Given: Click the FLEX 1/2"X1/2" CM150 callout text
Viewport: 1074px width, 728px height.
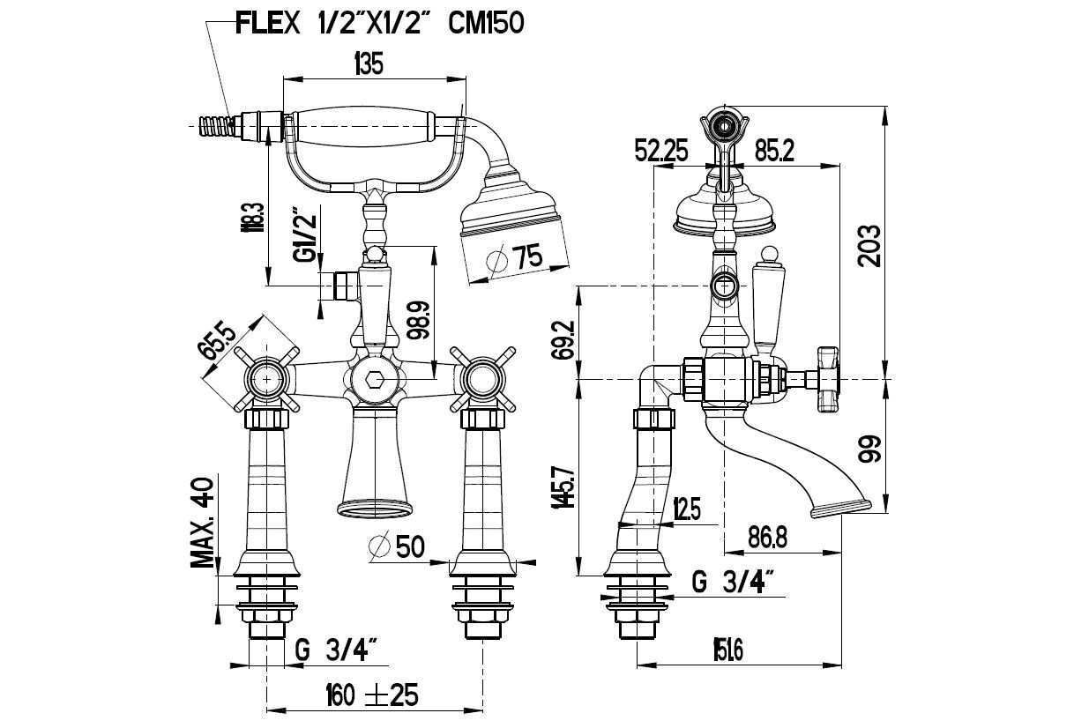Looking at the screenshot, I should coord(379,23).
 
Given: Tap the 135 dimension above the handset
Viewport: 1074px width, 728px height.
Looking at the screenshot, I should coord(371,63).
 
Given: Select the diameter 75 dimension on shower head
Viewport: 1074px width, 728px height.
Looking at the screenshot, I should coord(518,258).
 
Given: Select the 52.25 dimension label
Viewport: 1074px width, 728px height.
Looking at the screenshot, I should coord(661,152).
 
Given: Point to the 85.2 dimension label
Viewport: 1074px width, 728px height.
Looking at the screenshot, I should coord(775,152).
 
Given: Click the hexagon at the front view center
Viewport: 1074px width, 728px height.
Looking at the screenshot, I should coord(374,380).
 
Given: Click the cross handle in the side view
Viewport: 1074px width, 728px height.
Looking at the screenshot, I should coord(828,380).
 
